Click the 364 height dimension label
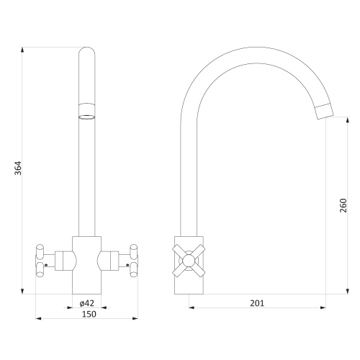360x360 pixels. (x=18, y=168)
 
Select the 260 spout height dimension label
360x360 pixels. (x=343, y=205)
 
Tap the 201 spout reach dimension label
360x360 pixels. (x=257, y=303)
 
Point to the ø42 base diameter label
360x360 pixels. (x=87, y=303)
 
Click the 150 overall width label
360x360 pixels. (x=89, y=314)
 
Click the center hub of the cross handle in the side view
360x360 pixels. (x=189, y=261)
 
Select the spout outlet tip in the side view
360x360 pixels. (x=325, y=112)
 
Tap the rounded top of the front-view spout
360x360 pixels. (x=87, y=51)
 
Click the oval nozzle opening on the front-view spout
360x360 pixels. (x=87, y=117)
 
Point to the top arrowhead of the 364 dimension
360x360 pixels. (x=22, y=50)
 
